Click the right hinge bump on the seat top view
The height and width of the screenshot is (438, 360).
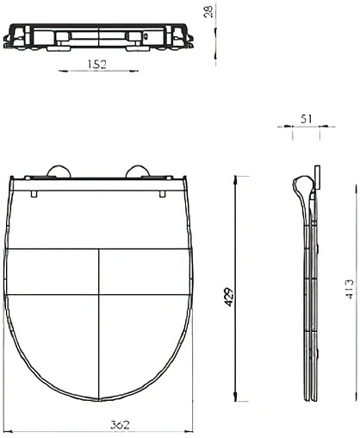138,171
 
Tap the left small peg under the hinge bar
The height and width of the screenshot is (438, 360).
34,194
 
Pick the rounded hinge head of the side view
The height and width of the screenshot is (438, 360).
301,185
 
